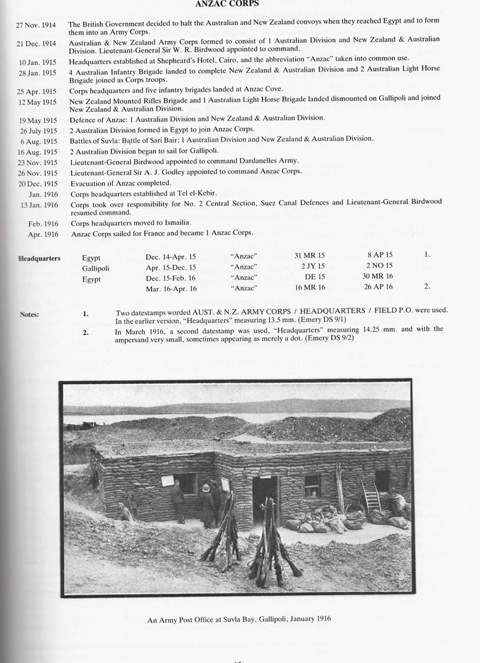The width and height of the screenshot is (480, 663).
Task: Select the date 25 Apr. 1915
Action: tap(36, 92)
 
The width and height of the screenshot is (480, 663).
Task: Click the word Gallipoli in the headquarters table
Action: tap(95, 268)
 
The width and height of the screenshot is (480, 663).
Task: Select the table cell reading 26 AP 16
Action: tap(380, 287)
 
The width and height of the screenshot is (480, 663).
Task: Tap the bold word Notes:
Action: tap(29, 314)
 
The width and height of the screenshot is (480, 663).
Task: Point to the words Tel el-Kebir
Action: tap(195, 193)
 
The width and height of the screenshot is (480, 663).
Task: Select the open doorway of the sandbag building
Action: tap(264, 497)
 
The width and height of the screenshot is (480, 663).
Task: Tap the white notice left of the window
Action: tap(168, 481)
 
